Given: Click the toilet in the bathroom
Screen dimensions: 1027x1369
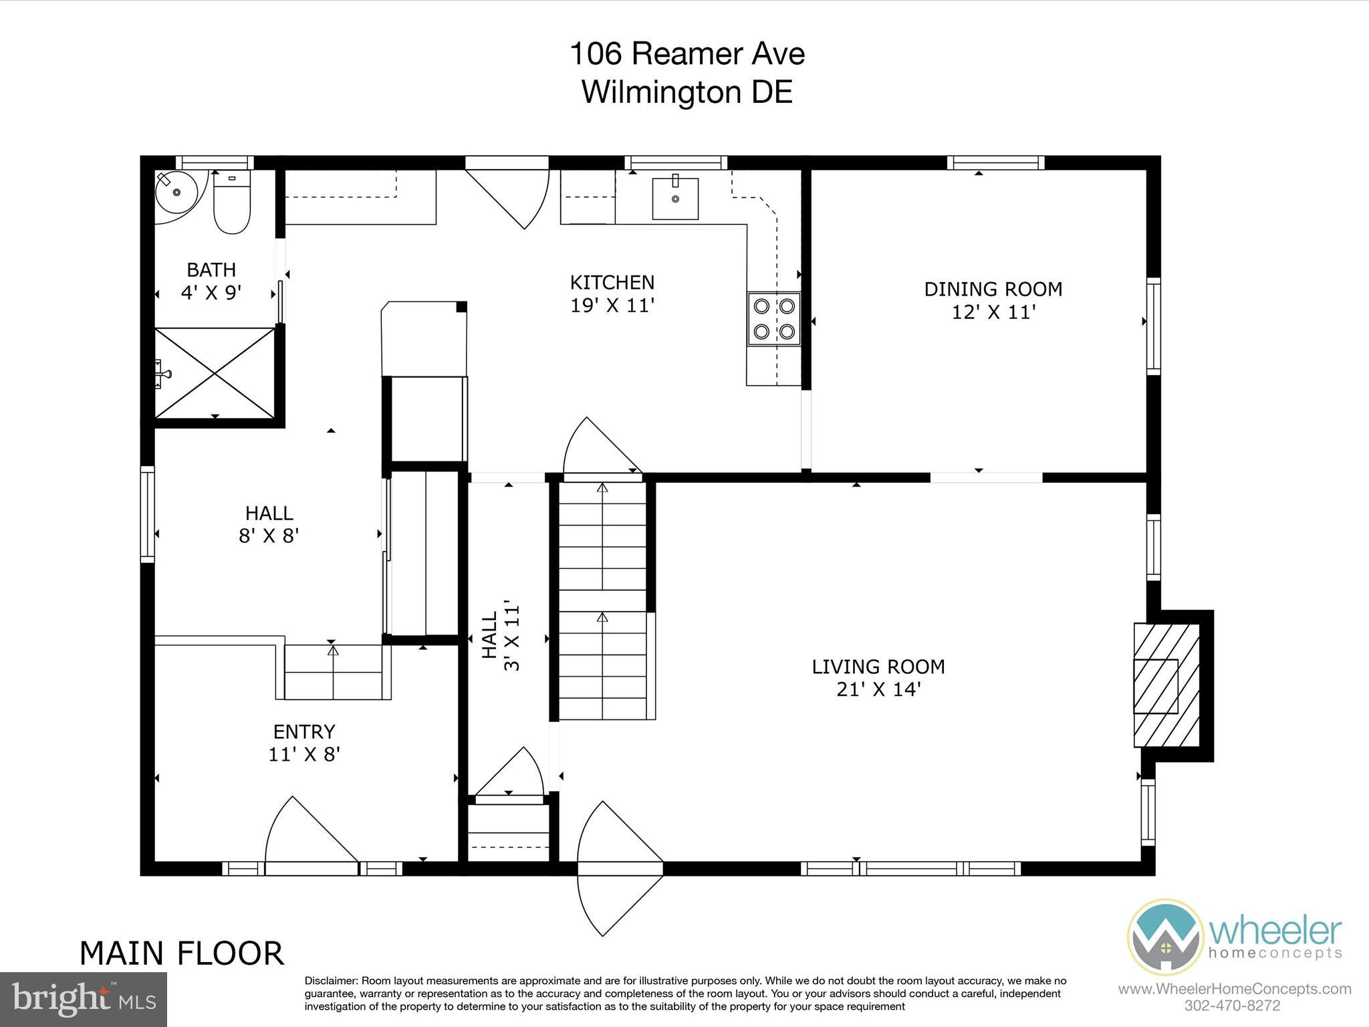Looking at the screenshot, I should pos(231,203).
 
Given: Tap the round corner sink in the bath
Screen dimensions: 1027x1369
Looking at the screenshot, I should pos(175,192).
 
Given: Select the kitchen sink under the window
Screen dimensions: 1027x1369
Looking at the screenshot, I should pos(675,198).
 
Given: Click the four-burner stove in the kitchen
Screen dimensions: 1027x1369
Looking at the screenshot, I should pos(773,319).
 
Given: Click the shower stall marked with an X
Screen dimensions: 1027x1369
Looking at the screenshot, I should pos(215,373).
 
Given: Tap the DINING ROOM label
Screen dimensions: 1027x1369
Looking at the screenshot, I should pos(993,290).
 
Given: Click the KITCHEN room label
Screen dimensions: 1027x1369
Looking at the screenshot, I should pos(612,282).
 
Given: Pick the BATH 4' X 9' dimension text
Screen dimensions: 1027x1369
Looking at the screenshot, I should pos(211,293).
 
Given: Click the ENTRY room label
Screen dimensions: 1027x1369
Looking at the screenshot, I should pos(304,731).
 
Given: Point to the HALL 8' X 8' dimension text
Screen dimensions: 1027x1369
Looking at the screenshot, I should pos(269,536).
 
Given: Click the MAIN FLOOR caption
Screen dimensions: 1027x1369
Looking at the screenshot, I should pos(182,953).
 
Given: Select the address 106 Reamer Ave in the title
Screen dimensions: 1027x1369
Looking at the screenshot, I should pos(687,54).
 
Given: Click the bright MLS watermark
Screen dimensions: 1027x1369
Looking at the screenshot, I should pos(84,1000).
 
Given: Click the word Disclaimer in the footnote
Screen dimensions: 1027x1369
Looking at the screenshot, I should pos(331,981).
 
